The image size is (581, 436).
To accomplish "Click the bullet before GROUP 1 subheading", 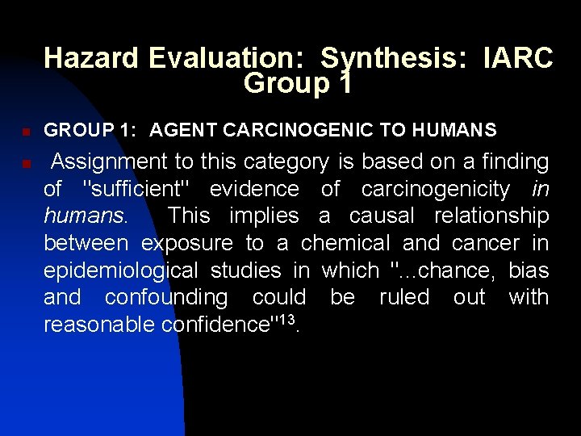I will (x=25, y=131).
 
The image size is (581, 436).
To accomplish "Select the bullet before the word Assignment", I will (x=25, y=164).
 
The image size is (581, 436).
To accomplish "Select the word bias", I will (x=529, y=270).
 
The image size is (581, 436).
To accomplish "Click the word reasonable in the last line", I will (x=99, y=325).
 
